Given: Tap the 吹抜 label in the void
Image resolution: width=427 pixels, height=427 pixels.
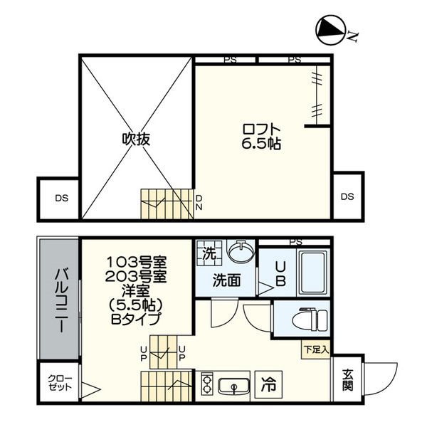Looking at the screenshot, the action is pos(136,139).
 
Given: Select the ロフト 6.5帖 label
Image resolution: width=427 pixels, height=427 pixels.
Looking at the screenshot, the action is pos(261,137).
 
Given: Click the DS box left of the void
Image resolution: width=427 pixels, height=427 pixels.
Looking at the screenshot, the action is pos(58,199).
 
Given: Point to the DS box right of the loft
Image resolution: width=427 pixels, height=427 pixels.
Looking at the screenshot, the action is pos(348,196).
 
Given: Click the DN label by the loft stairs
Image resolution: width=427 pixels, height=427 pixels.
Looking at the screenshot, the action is pos(199,202).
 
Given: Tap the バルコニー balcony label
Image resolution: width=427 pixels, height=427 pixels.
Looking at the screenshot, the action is pos(61,300).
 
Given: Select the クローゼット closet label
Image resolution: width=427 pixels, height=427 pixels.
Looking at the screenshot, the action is pos(60,383).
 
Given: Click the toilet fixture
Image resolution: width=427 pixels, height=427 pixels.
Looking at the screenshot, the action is pos(311,319).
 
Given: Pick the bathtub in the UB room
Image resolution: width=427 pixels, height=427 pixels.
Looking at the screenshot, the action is pos(312,272).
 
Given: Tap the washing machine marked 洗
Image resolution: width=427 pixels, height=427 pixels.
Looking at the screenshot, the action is pos(209,253).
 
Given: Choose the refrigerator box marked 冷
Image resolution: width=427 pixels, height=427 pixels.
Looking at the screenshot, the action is pos(268,384).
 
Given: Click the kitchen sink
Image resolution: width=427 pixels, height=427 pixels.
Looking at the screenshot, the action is pos(234,386).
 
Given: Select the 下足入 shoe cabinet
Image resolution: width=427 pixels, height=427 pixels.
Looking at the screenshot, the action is pos(316,349).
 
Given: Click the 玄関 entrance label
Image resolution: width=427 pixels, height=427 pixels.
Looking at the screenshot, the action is pos(347,379).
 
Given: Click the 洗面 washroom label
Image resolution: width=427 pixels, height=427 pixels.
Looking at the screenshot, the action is pos(226,280).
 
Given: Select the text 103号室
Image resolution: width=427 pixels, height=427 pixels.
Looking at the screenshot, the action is pos(136,262).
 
